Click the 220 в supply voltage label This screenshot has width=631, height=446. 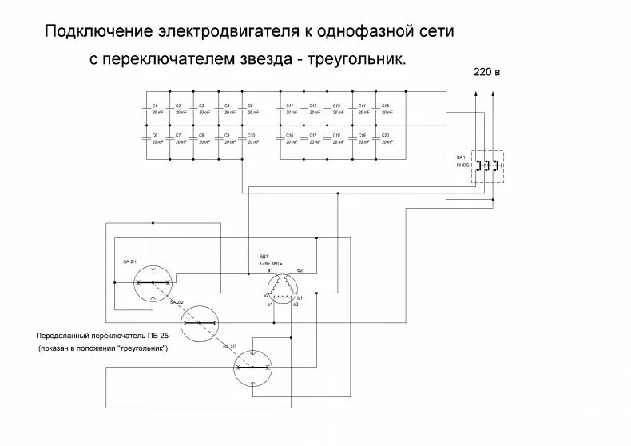[x=487, y=72]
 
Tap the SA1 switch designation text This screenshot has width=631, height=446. [x=460, y=157]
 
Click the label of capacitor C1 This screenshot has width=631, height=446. [x=155, y=106]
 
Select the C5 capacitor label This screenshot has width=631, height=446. [x=250, y=106]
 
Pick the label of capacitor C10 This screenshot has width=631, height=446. [x=252, y=135]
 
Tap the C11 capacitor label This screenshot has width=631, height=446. [x=290, y=106]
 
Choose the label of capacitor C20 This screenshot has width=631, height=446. [x=385, y=135]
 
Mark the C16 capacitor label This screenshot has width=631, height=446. [x=290, y=135]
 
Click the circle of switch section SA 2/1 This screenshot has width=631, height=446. [x=152, y=282]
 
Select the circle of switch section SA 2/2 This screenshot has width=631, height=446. [x=200, y=324]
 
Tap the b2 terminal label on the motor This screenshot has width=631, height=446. [x=300, y=272]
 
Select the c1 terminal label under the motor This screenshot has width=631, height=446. [x=271, y=305]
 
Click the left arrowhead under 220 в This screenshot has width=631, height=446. [x=476, y=94]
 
